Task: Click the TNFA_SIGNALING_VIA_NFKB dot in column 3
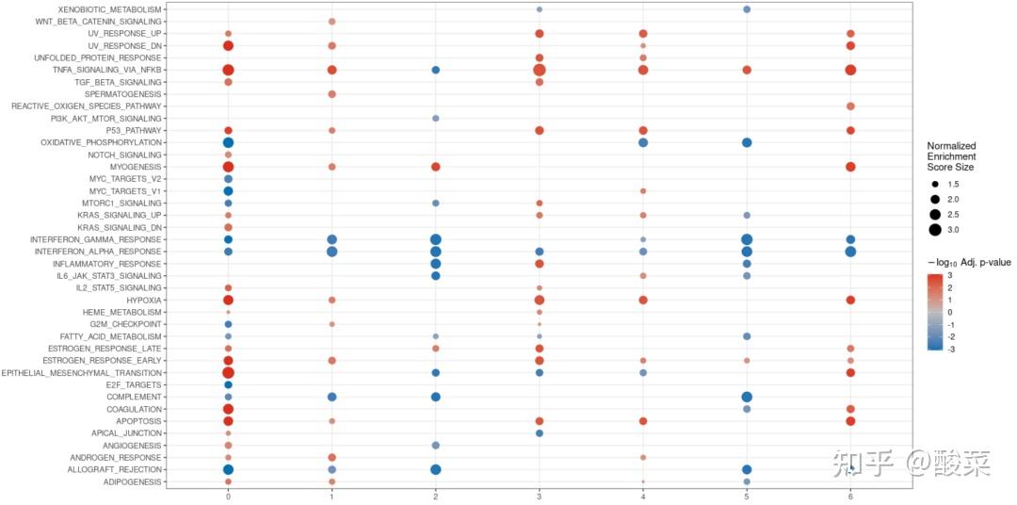pos(539,70)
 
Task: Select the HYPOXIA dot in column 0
pos(228,300)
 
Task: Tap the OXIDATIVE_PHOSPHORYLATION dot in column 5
pos(746,142)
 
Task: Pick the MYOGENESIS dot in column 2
pos(435,167)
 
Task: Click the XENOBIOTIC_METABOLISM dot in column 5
pos(746,9)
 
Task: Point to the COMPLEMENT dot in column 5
pos(746,397)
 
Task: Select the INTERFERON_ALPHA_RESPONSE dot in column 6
pos(850,252)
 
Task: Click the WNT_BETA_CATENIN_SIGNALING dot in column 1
pos(331,21)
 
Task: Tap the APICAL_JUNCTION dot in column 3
pos(539,432)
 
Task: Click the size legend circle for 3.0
pos(934,230)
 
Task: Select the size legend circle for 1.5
pos(934,184)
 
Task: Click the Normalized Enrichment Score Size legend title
pos(950,155)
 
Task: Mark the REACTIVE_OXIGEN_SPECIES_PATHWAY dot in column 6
pos(850,106)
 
